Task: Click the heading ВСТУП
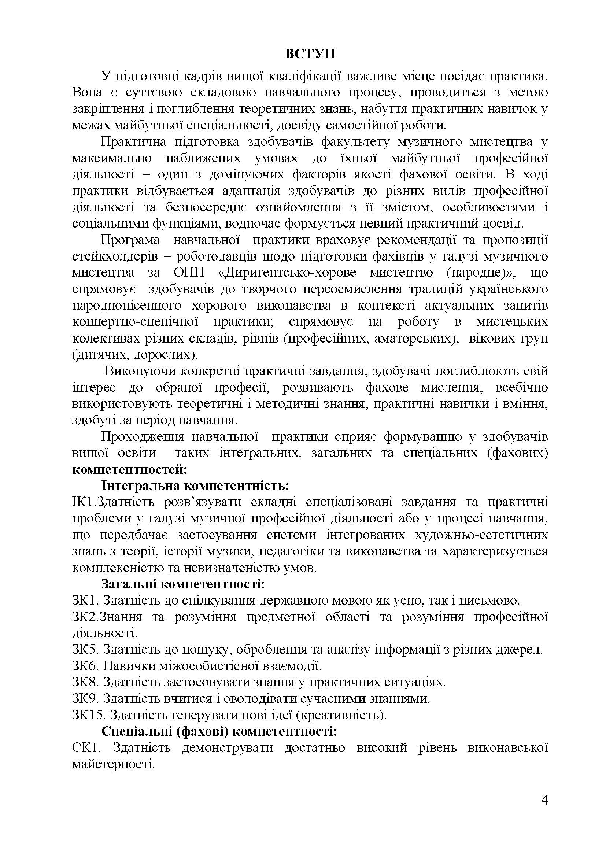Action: pyautogui.click(x=310, y=54)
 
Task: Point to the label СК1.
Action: pyautogui.click(x=85, y=748)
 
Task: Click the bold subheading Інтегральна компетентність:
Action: pyautogui.click(x=195, y=485)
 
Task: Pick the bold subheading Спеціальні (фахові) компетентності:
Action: pyautogui.click(x=219, y=731)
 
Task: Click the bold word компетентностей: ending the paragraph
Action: pyautogui.click(x=129, y=469)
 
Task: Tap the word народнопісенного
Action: pyautogui.click(x=126, y=306)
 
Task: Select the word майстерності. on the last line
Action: pyautogui.click(x=114, y=764)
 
